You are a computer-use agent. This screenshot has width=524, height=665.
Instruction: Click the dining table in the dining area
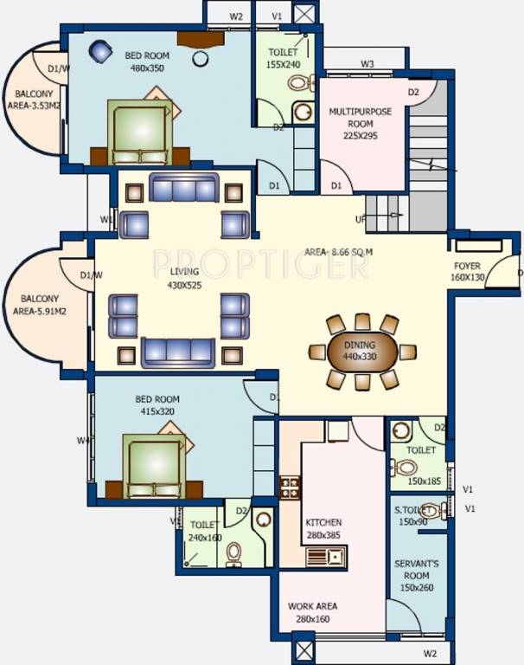[362, 352]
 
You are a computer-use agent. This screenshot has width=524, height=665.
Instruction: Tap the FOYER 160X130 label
[468, 272]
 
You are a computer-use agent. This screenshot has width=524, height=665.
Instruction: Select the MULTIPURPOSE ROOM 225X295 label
[360, 124]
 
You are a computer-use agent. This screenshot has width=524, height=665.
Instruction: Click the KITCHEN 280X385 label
[323, 529]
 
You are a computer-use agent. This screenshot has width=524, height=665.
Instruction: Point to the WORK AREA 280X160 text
[313, 612]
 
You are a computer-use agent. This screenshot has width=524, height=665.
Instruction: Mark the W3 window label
[367, 64]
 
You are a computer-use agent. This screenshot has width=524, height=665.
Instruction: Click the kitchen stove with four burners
[290, 487]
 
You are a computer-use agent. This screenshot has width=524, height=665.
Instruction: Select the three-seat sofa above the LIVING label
[183, 188]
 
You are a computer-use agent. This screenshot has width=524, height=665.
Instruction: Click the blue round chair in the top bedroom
[101, 52]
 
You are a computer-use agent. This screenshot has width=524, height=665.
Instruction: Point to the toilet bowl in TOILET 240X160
[233, 553]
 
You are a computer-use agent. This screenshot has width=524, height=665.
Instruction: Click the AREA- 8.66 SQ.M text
[338, 252]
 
